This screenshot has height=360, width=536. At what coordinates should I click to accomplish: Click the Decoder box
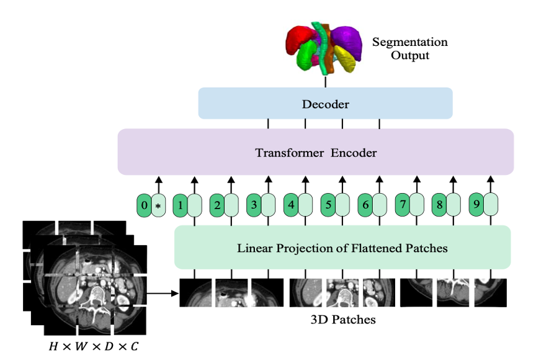(x=325, y=104)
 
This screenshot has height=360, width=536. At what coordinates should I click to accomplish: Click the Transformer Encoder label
(x=316, y=152)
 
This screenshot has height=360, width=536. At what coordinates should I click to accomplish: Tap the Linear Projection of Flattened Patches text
(x=342, y=248)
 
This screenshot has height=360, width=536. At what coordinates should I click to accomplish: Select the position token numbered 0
(x=145, y=205)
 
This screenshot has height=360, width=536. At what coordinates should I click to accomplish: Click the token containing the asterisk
(x=158, y=205)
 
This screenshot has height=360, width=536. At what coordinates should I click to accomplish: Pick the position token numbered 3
(x=254, y=204)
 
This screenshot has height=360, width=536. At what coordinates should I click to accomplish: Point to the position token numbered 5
(x=328, y=204)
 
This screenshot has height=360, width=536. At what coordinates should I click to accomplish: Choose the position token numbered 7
(x=403, y=204)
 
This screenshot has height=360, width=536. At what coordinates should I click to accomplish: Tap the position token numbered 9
(x=477, y=204)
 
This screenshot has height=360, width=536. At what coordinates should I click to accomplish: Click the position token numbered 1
(x=181, y=204)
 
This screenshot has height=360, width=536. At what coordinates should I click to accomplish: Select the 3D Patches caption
(x=343, y=320)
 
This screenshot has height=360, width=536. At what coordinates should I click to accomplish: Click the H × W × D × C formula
(x=94, y=346)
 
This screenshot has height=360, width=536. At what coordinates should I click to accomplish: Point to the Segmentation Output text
(x=409, y=49)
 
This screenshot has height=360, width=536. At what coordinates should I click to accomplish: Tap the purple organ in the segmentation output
(x=348, y=38)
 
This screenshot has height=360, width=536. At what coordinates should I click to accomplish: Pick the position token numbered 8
(x=440, y=204)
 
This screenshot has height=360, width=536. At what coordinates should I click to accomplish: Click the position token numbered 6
(x=365, y=204)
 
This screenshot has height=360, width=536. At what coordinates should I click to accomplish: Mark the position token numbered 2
(x=217, y=204)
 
